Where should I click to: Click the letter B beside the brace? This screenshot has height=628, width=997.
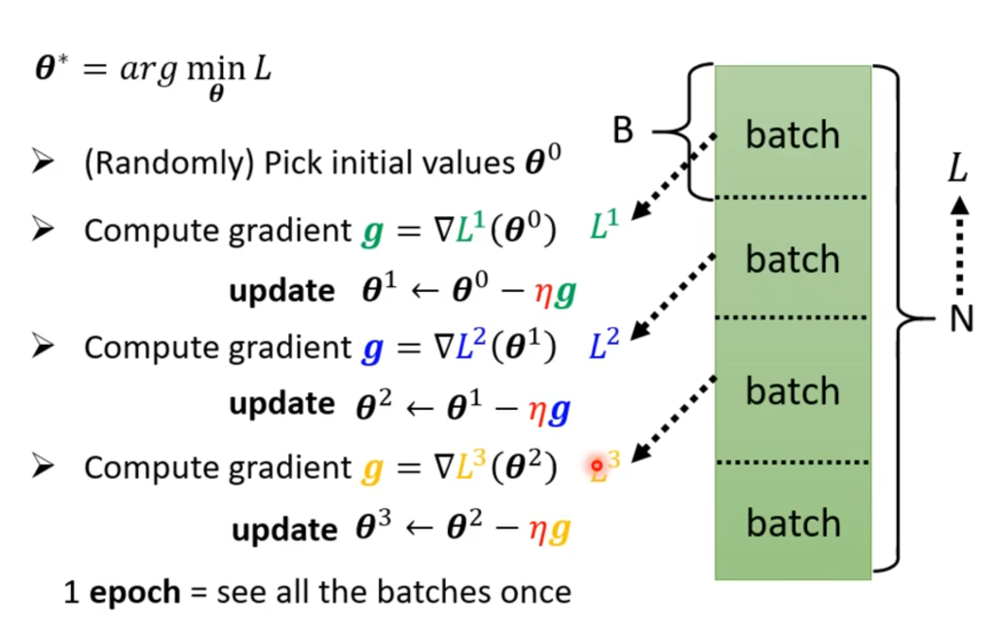[623, 129]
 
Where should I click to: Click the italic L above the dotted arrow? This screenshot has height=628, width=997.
[959, 171]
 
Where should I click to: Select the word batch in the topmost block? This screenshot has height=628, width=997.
[792, 134]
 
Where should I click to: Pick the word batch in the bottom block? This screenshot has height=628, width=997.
[792, 523]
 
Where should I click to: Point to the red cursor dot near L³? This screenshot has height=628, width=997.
[596, 466]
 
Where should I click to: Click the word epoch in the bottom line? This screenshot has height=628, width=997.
[134, 592]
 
